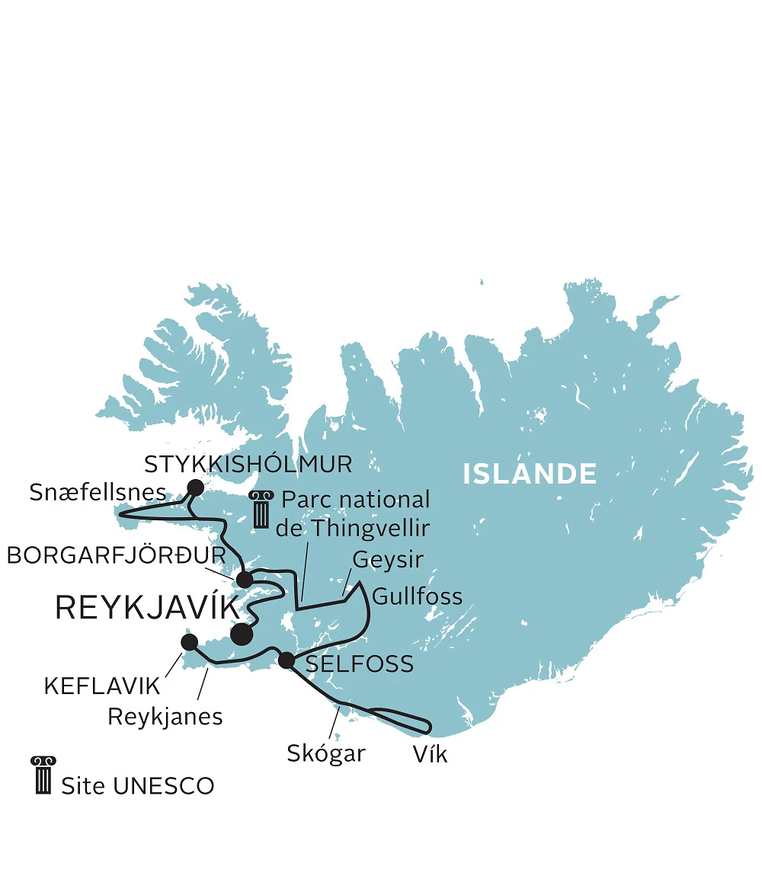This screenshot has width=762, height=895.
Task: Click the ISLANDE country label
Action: coord(530,474)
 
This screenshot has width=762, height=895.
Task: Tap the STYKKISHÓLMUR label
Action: coord(248,464)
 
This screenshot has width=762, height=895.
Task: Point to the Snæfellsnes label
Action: coord(98,492)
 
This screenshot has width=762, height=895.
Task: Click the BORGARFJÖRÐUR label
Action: coord(116,555)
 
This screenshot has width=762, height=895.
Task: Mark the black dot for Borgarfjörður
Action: coord(245,580)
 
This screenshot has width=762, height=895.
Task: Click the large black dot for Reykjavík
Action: coord(242,634)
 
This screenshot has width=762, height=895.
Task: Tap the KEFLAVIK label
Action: coord(102,686)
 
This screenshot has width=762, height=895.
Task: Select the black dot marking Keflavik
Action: coord(190,643)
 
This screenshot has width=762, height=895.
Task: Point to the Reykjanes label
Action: coord(165,716)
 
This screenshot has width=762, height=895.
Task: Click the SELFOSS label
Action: coord(359,663)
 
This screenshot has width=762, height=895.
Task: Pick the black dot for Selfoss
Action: coord(286,660)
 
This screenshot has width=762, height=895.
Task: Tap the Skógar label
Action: coord(326,753)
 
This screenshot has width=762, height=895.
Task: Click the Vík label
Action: coord(429,755)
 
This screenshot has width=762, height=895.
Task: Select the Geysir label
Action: coord(387,561)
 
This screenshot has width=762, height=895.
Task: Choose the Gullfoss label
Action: coord(417,596)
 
